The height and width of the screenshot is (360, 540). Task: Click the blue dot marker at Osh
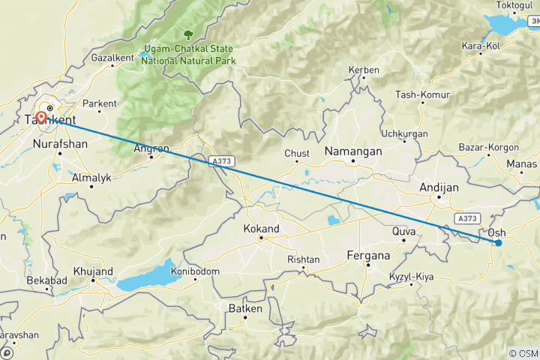coord(498,241)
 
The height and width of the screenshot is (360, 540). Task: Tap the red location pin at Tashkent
coord(41,117)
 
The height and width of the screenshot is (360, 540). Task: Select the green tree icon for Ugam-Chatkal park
coord(188,34)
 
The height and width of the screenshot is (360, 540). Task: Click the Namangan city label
coord(352,151)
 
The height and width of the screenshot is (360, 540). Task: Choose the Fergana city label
coord(368,256)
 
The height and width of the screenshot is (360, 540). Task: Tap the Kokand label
coord(262,229)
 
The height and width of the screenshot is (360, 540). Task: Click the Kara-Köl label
coord(481,46)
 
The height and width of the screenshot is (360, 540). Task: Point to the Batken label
coord(245,308)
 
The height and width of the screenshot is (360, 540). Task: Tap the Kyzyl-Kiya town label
coord(410,278)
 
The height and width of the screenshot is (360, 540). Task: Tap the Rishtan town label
coord(304,259)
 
